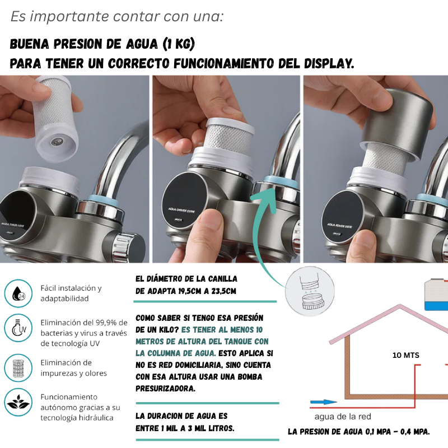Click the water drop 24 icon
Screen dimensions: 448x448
pos(18,293)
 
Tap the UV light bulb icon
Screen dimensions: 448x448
pos(18,328)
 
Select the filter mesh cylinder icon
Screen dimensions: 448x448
pos(18,368)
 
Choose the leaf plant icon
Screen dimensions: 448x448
pos(18,402)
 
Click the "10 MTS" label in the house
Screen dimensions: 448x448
pos(405,355)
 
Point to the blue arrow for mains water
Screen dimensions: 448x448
pos(324,402)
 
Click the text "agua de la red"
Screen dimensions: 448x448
pos(343,417)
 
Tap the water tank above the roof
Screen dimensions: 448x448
pos(436,295)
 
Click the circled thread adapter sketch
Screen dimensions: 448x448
pos(310,291)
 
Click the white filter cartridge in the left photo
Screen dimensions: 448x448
pos(55,118)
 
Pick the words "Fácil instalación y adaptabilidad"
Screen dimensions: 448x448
pos(71,293)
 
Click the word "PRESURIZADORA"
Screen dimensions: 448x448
pos(165,389)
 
